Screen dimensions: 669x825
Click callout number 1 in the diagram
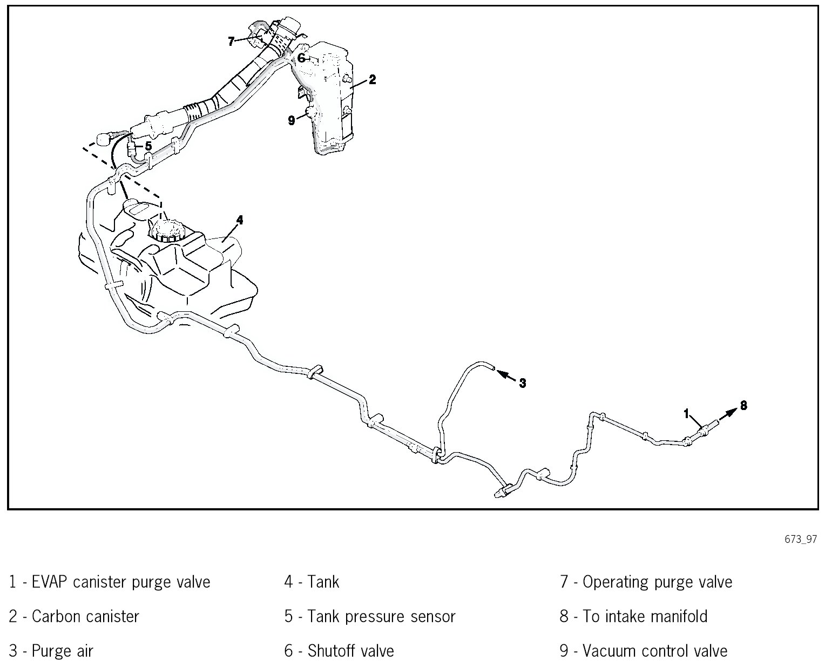pyautogui.click(x=687, y=414)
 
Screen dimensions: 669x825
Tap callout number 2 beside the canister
pyautogui.click(x=372, y=80)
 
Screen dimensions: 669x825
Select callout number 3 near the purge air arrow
pyautogui.click(x=522, y=383)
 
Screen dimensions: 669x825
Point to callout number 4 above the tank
pyautogui.click(x=240, y=220)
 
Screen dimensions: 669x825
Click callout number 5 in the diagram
pyautogui.click(x=148, y=146)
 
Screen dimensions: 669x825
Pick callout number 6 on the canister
pyautogui.click(x=301, y=57)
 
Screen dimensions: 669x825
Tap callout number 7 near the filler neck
pyautogui.click(x=231, y=41)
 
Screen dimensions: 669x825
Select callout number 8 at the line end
pyautogui.click(x=743, y=405)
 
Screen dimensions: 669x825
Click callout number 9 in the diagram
pyautogui.click(x=292, y=120)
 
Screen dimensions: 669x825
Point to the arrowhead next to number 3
pyautogui.click(x=501, y=373)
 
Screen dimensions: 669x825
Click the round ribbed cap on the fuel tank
pyautogui.click(x=168, y=231)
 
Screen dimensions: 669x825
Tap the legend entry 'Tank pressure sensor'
pyautogui.click(x=381, y=616)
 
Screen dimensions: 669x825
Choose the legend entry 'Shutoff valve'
pyautogui.click(x=350, y=651)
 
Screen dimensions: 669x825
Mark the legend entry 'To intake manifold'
pyautogui.click(x=645, y=616)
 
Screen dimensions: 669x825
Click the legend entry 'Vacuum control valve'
pyautogui.click(x=655, y=651)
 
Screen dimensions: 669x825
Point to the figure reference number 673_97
pyautogui.click(x=801, y=540)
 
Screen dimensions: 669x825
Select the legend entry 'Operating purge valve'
pyautogui.click(x=657, y=582)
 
